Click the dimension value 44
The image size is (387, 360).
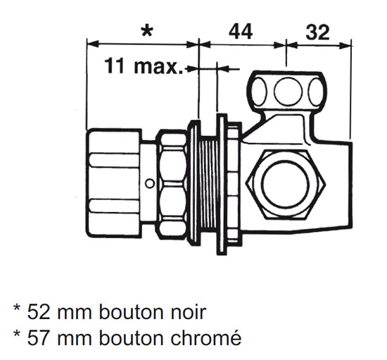tap(241, 32)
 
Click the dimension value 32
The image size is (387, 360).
tap(317, 32)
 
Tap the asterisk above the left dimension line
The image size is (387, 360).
tap(147, 31)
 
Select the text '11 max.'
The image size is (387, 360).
tap(144, 66)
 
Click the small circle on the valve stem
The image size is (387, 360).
tap(149, 184)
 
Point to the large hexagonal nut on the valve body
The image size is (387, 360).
tap(285, 185)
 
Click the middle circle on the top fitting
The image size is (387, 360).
tap(288, 91)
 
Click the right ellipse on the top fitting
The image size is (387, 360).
tap(317, 92)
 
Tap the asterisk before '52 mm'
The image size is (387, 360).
tap(17, 309)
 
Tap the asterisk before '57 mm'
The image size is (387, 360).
tap(17, 334)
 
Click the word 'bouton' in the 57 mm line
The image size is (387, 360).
tap(132, 337)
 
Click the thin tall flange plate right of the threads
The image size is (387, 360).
tap(222, 185)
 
